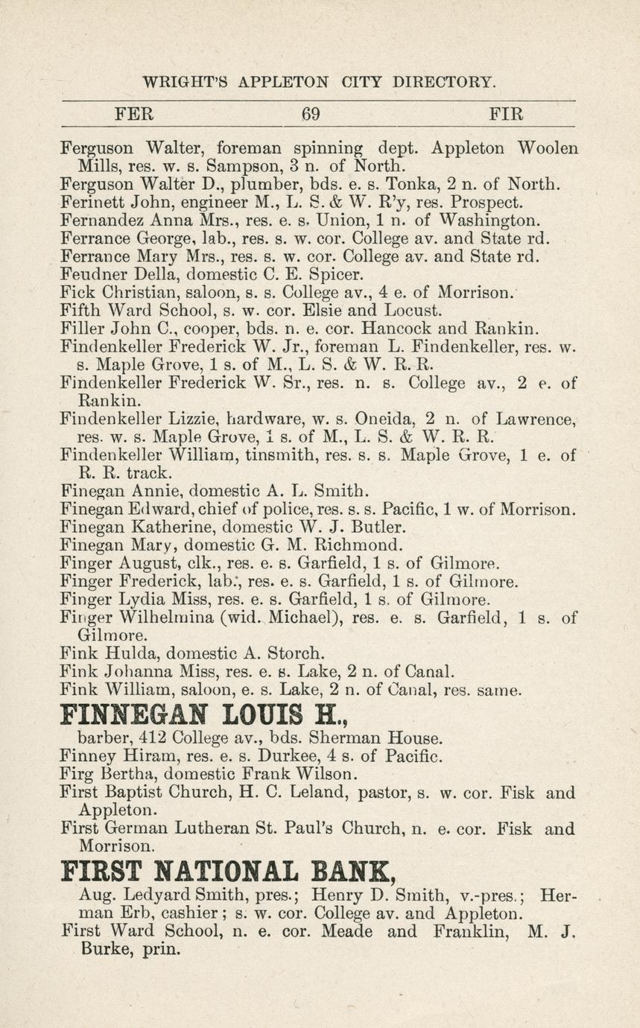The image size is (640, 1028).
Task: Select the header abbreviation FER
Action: (x=133, y=114)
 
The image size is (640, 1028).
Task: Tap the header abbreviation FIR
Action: (x=506, y=114)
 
